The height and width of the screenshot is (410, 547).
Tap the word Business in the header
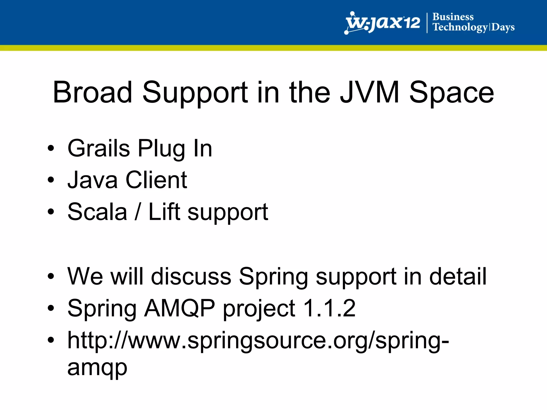pyautogui.click(x=453, y=17)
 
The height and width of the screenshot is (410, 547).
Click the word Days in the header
pyautogui.click(x=503, y=27)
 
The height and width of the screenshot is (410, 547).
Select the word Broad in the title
pyautogui.click(x=92, y=92)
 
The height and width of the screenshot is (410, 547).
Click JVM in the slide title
pyautogui.click(x=370, y=92)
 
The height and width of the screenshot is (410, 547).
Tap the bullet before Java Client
pyautogui.click(x=51, y=180)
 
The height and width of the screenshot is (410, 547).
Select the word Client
pyautogui.click(x=156, y=180)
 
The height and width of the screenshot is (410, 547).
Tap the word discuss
pyautogui.click(x=191, y=276)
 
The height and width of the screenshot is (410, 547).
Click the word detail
pyautogui.click(x=458, y=276)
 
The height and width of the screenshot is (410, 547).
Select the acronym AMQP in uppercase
pyautogui.click(x=179, y=308)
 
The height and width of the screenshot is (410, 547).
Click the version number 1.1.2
pyautogui.click(x=329, y=308)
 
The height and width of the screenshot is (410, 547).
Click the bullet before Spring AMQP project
pyautogui.click(x=51, y=308)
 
